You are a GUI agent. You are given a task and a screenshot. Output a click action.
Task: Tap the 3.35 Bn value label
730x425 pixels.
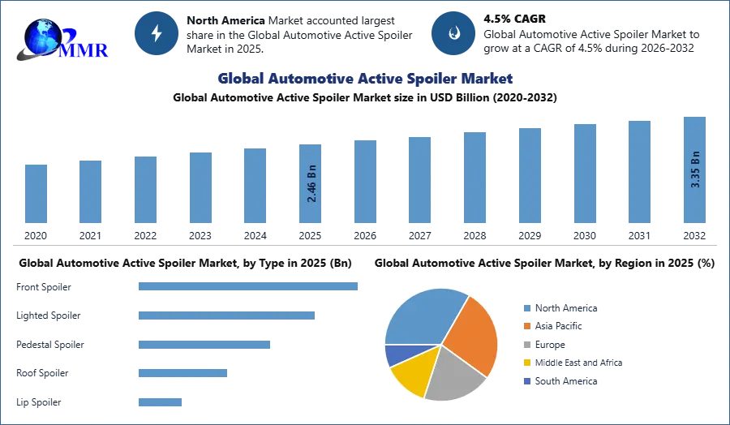695,170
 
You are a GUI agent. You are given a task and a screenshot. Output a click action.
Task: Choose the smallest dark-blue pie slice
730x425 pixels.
398,354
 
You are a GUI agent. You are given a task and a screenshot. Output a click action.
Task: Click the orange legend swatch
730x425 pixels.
526,326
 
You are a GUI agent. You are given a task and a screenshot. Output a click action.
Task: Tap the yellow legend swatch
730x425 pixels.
526,363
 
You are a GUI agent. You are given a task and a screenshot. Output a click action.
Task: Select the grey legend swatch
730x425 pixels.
526,344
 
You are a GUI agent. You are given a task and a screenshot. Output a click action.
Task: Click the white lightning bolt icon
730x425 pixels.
157,33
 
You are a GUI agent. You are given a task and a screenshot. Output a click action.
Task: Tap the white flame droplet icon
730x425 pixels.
453,33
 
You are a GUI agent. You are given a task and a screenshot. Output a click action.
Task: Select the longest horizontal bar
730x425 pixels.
249,285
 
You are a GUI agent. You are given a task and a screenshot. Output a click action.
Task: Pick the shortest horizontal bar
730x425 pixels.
159,401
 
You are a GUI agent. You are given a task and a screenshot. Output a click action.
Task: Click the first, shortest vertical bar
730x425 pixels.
36,194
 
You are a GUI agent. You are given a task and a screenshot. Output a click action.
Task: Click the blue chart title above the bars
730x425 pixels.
364,79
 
